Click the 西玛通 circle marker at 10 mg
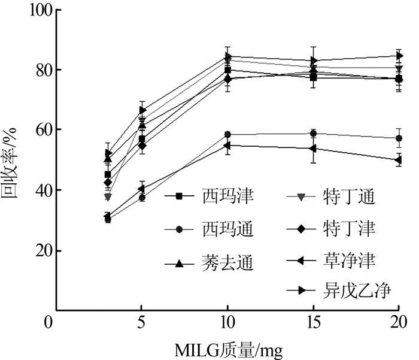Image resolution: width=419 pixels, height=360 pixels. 227,134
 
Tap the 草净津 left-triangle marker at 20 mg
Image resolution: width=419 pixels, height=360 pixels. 399,160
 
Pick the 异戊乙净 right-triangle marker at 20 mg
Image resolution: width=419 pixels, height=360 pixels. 399,56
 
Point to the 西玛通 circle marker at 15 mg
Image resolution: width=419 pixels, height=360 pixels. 313,133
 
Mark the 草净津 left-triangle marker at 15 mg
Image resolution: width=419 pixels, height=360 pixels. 313,148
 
